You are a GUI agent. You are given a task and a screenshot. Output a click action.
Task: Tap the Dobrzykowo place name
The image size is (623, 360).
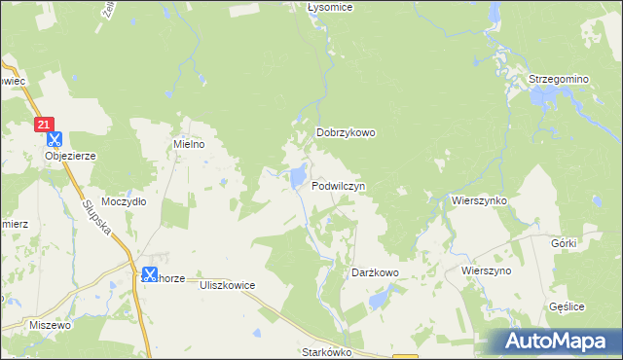tap(346, 133)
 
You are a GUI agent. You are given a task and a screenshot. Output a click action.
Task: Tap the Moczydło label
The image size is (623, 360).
tap(124, 201)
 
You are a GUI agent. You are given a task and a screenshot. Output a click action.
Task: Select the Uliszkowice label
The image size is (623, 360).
tap(226, 285)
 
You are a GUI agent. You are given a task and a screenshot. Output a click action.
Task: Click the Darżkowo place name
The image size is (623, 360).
tap(375, 273)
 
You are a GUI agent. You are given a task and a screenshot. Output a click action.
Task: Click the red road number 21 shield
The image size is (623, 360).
tap(44, 125)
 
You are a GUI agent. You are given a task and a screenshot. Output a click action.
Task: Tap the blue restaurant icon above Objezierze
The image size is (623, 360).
tap(54, 140)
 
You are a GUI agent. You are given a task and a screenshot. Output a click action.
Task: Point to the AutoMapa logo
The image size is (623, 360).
tap(556, 342)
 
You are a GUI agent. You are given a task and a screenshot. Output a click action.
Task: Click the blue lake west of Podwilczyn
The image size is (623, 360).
tap(294, 177)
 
